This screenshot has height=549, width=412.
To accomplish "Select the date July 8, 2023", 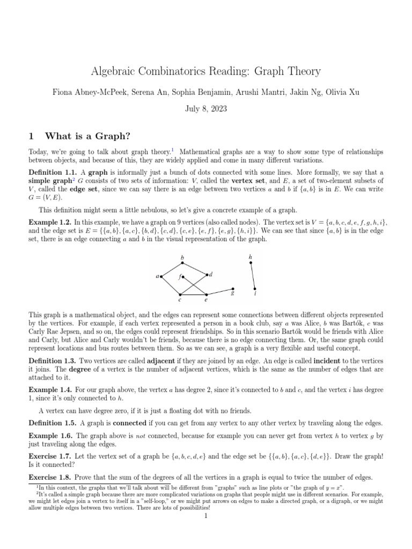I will (206, 108).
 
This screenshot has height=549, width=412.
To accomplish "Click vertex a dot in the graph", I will (162, 277).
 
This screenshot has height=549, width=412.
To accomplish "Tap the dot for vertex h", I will (251, 263).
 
